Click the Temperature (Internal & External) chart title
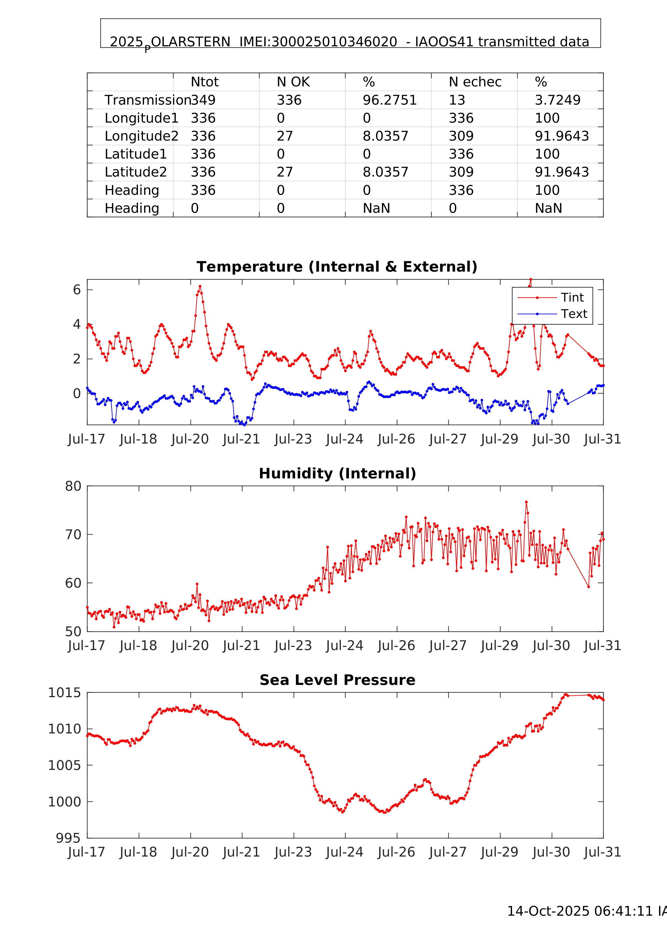coord(337,267)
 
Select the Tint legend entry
coord(572,297)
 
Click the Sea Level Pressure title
coord(337,680)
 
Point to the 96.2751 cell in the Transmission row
coord(389,100)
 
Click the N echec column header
coord(475,82)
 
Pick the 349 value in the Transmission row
coord(203,100)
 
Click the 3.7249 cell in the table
coord(557,100)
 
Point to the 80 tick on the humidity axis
coord(73,486)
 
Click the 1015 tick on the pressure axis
coord(65,693)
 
